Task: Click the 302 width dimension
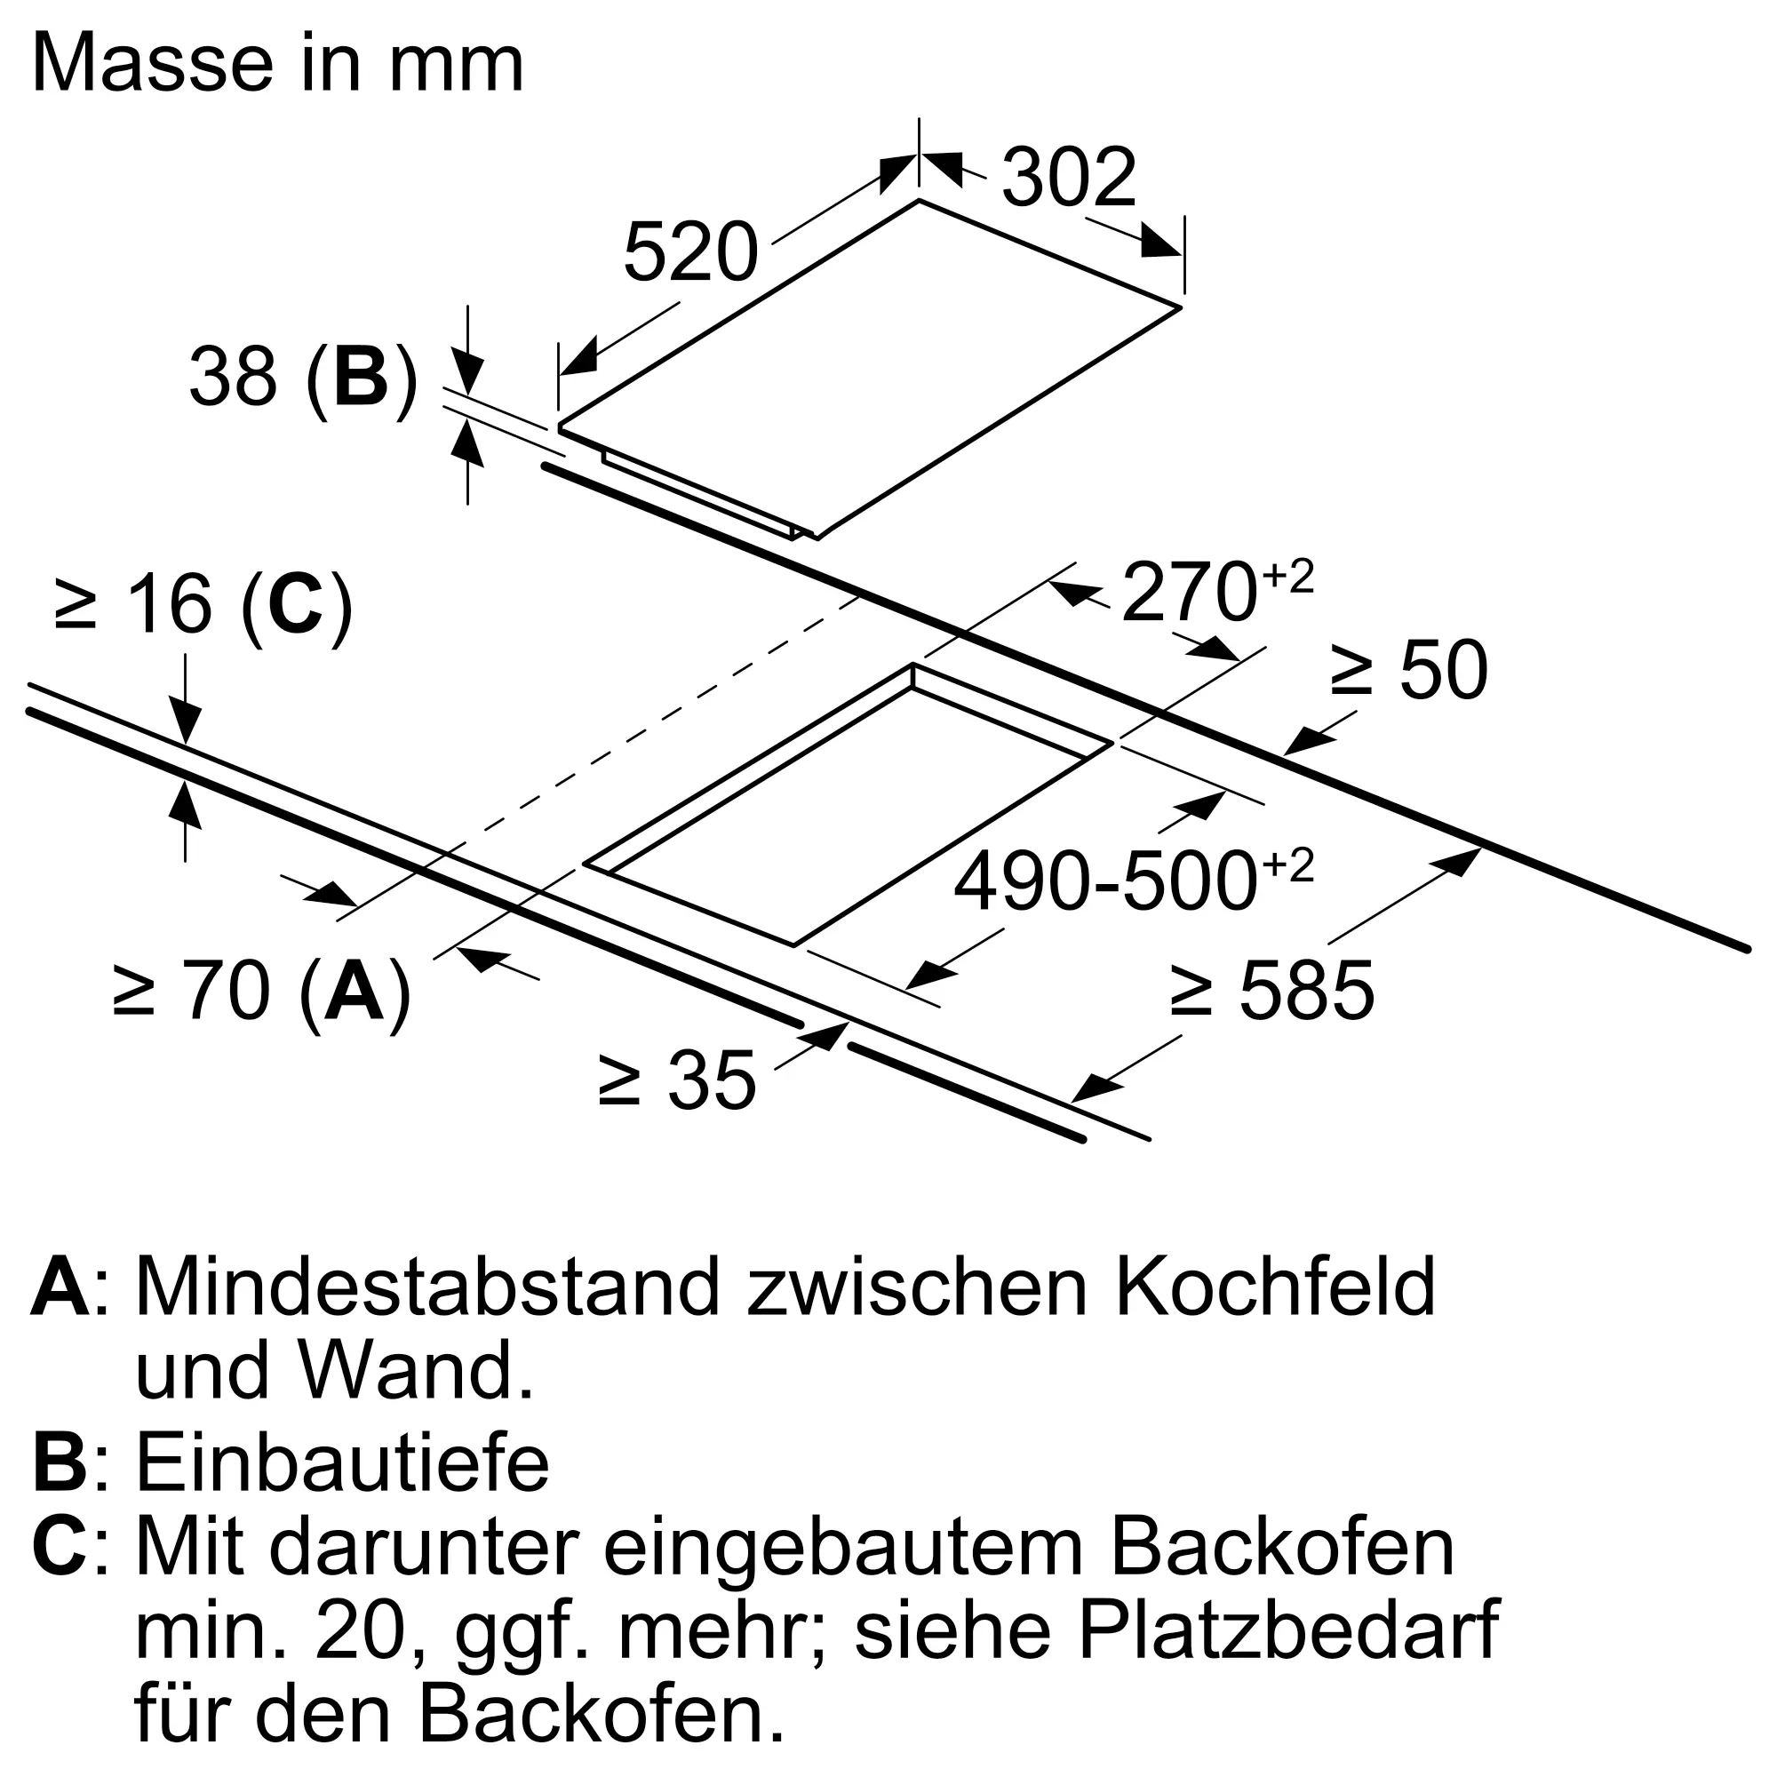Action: click(1068, 178)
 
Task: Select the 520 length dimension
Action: click(689, 253)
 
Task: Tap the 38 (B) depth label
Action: click(303, 378)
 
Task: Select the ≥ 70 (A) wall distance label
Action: click(261, 992)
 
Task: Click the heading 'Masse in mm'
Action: click(278, 64)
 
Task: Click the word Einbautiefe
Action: click(342, 1463)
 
